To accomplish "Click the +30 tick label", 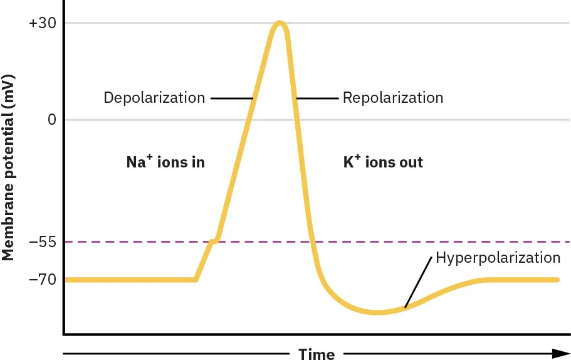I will coord(43,24).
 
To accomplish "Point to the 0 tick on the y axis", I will coord(52,120).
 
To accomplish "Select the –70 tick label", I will coord(43,280).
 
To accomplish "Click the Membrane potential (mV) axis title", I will coord(8,167).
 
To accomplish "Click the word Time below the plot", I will coord(317,354).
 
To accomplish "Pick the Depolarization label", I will coord(154,98).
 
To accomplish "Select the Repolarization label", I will coord(393,98).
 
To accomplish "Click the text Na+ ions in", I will coord(165,162).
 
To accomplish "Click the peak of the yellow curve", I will coord(280,24).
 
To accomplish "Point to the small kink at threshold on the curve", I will coord(215,240).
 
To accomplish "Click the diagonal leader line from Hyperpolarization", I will coord(419,282).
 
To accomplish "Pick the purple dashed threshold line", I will coord(439,241).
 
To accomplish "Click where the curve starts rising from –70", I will coord(196,279).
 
